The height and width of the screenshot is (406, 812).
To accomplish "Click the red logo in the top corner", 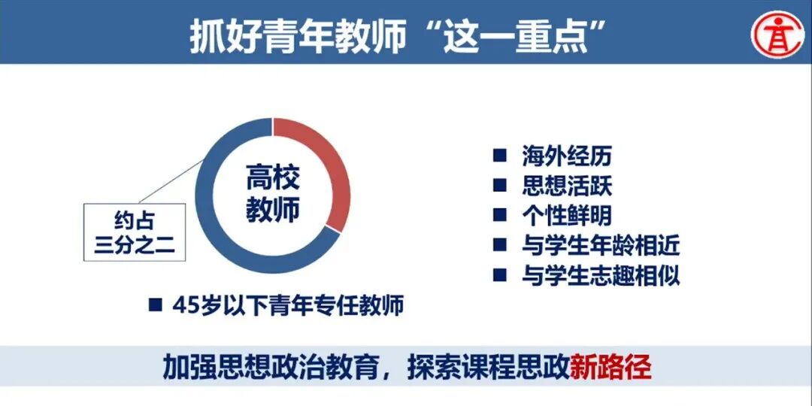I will [777, 33].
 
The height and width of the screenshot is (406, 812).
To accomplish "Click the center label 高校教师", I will [273, 194].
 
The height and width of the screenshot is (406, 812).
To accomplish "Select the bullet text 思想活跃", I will [567, 186].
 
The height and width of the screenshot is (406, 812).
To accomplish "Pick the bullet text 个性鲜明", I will [567, 215].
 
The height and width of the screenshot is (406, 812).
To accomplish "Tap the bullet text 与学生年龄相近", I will [601, 245].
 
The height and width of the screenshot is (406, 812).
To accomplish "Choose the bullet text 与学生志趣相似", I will [601, 275].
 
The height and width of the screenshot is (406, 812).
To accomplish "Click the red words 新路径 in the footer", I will [611, 367].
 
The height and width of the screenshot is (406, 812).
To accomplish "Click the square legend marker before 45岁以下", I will [156, 305].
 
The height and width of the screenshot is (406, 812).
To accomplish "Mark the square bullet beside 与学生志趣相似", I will [499, 275].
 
